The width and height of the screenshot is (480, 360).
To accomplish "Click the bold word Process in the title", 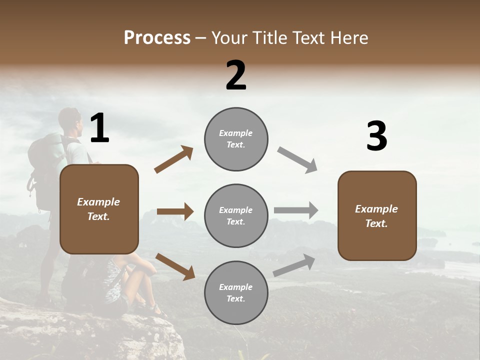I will (157, 38).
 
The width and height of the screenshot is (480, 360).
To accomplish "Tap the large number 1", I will (99, 128).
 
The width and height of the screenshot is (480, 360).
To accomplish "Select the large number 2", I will (236, 75).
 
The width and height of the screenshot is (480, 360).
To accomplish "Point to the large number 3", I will (376, 136).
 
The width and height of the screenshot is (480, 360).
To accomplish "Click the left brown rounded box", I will (99, 209).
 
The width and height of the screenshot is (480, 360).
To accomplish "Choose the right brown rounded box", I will (377, 215).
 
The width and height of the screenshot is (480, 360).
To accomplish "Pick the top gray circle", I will (236, 139).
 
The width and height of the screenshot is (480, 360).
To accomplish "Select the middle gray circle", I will (236, 215).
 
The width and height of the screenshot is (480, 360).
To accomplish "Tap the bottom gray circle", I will (236, 292).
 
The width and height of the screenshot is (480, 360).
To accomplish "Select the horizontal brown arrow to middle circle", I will (175, 211).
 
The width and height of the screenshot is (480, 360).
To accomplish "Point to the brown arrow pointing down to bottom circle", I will (175, 266).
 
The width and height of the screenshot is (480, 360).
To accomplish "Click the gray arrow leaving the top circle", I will (297, 159).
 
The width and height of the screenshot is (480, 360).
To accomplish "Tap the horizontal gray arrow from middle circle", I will (296, 210).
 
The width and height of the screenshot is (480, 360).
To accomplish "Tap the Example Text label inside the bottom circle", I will (236, 292).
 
